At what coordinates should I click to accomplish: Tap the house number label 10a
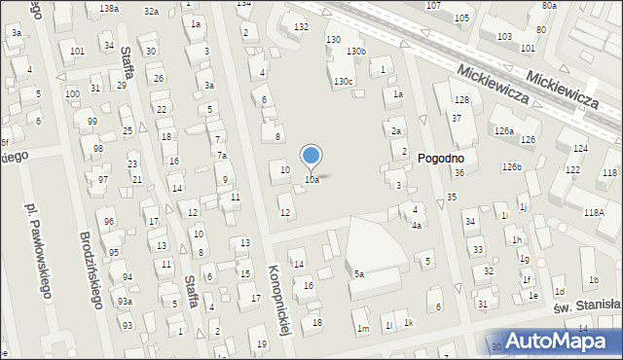(311, 180)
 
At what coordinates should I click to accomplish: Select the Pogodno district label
(441, 158)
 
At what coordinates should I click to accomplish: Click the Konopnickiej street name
(280, 300)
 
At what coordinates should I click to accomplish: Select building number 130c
(344, 82)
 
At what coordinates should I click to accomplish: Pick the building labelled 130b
(357, 51)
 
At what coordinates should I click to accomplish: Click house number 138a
(109, 8)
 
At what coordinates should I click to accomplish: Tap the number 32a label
(151, 12)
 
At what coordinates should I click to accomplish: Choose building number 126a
(503, 130)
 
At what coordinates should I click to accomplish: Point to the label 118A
(594, 212)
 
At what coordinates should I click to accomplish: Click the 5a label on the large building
(358, 274)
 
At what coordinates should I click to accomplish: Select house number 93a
(126, 302)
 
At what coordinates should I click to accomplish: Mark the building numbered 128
(461, 100)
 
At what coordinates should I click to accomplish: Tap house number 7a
(222, 156)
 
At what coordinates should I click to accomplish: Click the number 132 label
(302, 26)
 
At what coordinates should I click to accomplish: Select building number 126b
(512, 167)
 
